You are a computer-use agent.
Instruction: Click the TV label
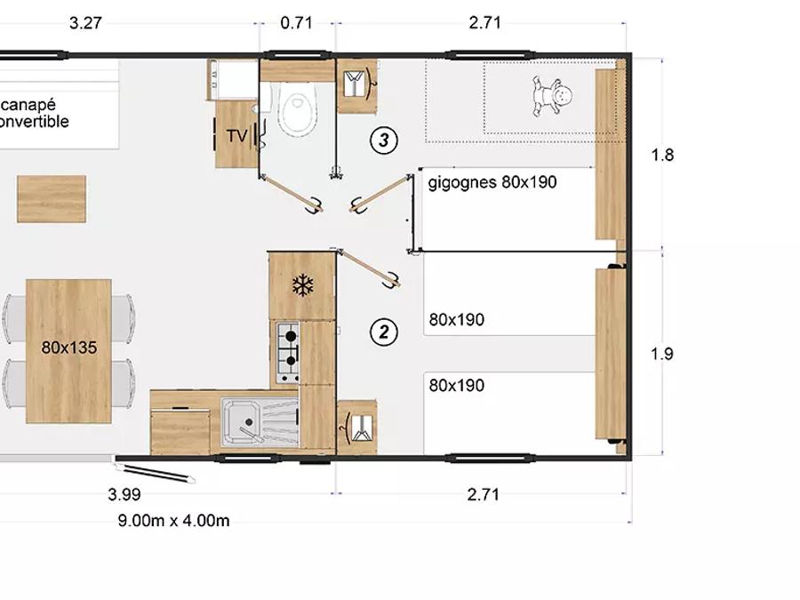[x=236, y=136]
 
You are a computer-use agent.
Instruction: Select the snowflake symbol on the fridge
[x=302, y=285]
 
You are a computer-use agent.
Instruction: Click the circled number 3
[x=384, y=140]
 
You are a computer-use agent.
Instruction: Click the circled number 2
[x=384, y=332]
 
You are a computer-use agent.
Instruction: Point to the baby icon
[x=552, y=96]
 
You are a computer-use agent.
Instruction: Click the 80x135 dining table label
[x=68, y=348]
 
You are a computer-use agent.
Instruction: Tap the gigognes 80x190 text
[x=492, y=182]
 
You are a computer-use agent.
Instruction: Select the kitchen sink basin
[x=243, y=422]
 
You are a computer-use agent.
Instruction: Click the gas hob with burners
[x=288, y=353]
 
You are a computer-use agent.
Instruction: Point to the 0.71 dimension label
[x=296, y=23]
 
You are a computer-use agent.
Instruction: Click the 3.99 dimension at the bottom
[x=124, y=494]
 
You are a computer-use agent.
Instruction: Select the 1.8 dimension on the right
[x=662, y=155]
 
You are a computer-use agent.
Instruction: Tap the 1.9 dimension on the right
[x=661, y=354]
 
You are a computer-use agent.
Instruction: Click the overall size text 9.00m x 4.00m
[x=173, y=520]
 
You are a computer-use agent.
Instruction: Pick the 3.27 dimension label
[x=85, y=23]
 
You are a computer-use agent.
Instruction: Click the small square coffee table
[x=52, y=199]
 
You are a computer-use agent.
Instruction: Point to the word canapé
[x=28, y=106]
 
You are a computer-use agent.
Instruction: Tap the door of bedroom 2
[x=368, y=268]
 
